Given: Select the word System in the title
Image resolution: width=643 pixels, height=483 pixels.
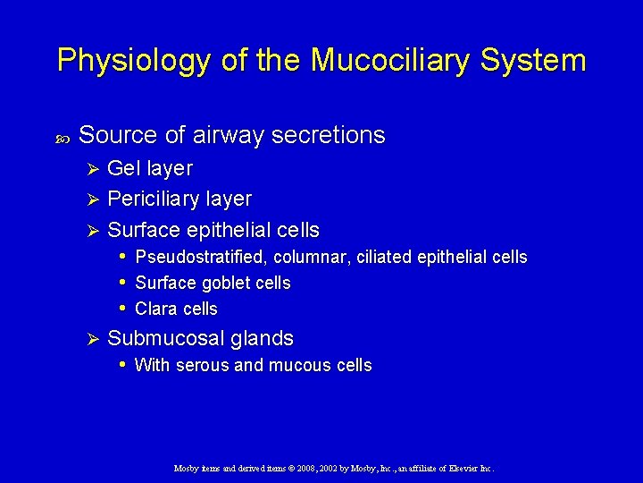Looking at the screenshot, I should (539, 61).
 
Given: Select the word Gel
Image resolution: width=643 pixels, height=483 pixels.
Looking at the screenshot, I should (122, 168).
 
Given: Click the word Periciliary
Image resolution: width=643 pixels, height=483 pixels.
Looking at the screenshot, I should (154, 199).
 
